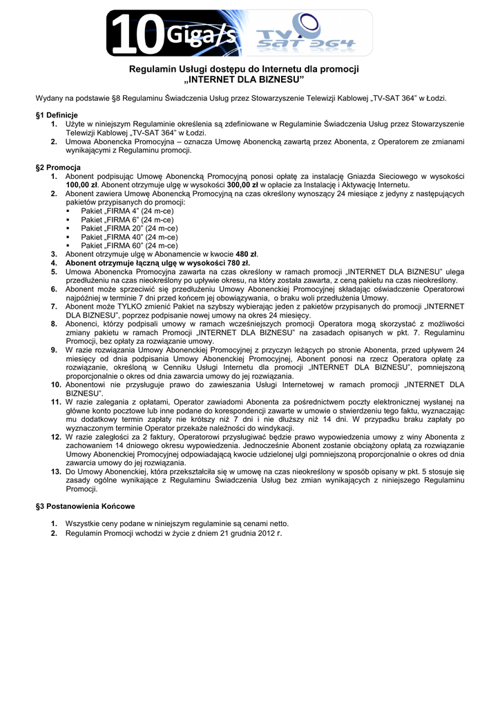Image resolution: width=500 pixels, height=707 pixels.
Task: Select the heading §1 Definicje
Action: point(57,115)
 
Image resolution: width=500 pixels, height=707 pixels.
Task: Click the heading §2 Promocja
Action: point(58,168)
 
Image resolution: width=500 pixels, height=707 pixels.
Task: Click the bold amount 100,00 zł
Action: point(83,185)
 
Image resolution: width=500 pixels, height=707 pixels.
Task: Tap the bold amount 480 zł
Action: point(247,254)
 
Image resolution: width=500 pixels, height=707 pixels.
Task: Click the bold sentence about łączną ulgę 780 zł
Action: point(157,263)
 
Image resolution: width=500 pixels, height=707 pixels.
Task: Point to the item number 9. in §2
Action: point(54,350)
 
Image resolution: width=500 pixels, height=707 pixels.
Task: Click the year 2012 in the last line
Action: point(267,533)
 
